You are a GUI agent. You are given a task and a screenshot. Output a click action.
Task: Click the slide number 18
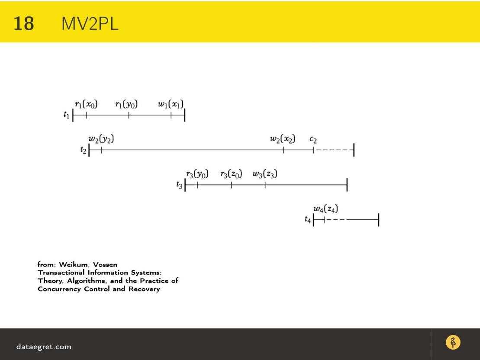tap(23, 23)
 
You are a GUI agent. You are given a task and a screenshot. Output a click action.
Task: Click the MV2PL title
tap(90, 23)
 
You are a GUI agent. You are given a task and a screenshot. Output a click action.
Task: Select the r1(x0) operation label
tap(86, 105)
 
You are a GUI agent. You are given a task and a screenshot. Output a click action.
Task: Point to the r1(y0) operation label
tap(126, 105)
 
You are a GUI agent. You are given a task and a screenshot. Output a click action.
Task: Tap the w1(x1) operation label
tap(171, 105)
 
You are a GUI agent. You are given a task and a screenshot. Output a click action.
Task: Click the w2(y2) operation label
tap(101, 139)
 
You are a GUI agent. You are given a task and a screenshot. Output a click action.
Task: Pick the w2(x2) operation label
tap(283, 139)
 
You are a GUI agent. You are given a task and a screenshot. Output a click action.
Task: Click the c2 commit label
tap(313, 140)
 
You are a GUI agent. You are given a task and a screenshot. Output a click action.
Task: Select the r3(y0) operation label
tap(197, 174)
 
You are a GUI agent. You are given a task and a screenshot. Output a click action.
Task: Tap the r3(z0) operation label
tap(231, 174)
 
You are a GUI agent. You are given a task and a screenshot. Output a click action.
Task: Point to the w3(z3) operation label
tap(265, 174)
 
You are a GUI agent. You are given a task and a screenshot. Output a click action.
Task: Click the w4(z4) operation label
tap(326, 209)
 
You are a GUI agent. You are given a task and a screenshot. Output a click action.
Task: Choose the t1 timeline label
tap(66, 115)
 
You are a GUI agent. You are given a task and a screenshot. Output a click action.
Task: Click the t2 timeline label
tap(83, 150)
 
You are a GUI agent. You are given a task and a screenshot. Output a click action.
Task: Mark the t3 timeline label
tap(179, 185)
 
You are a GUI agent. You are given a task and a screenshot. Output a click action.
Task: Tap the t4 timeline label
tap(308, 219)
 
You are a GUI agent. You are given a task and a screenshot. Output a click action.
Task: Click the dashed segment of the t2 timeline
tap(334, 150)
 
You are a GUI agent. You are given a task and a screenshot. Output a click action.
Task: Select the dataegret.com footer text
tap(44, 347)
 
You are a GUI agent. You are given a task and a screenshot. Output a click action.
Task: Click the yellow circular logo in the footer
tap(453, 343)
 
